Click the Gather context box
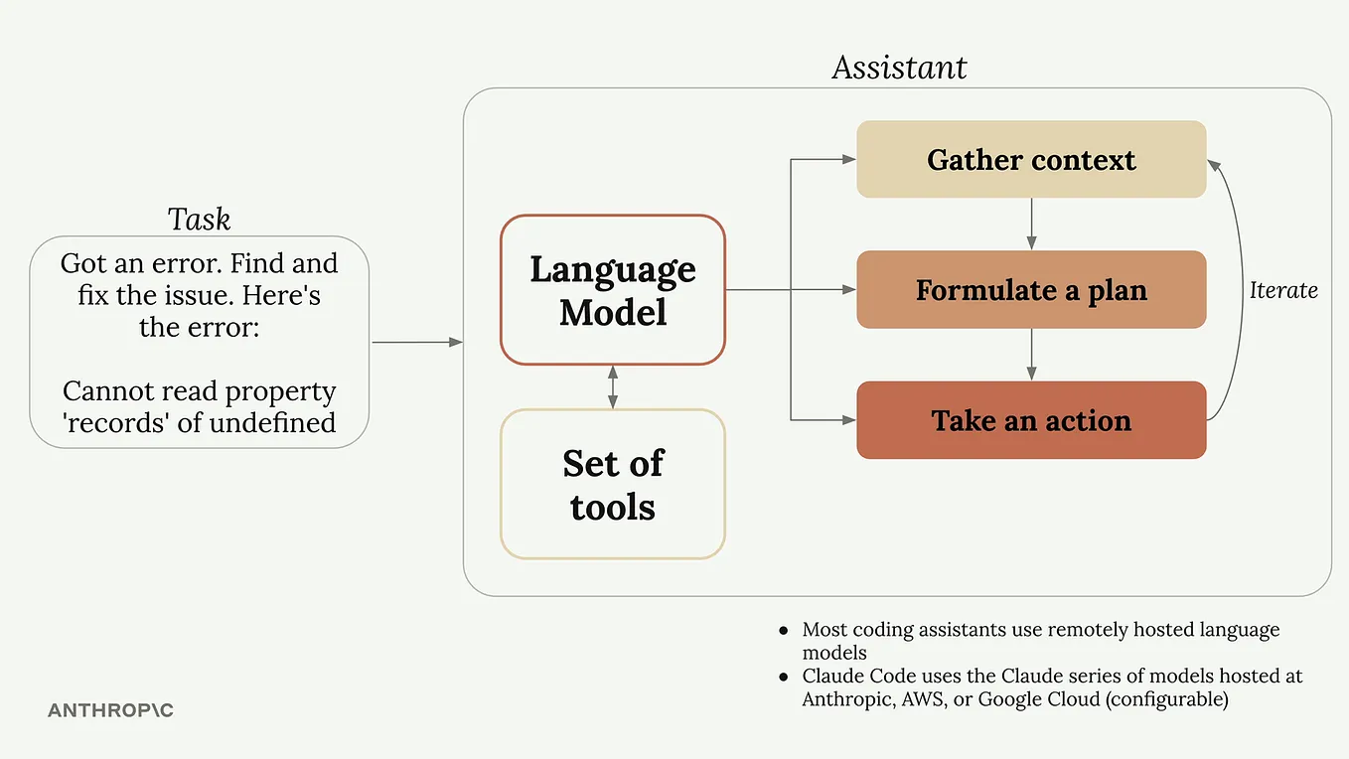coord(1031,160)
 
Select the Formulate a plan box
coord(1031,290)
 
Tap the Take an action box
coord(1031,420)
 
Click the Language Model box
coord(613,290)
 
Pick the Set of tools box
coord(613,484)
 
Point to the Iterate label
coord(1283,290)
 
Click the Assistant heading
coord(899,68)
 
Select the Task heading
coord(199,219)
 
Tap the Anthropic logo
coord(110,711)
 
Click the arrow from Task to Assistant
coord(417,343)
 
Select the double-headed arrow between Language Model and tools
coord(613,387)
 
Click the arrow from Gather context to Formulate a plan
coord(1031,224)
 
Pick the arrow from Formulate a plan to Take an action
coord(1031,354)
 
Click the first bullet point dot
coord(783,631)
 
